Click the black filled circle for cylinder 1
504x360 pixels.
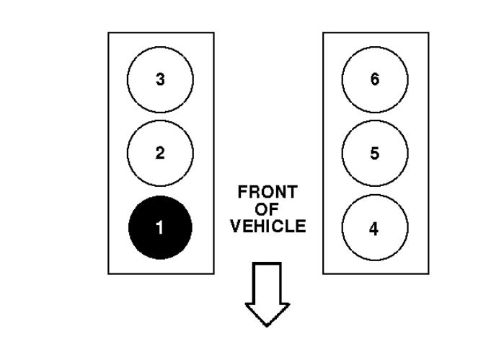point(160,228)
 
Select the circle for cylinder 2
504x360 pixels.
point(160,153)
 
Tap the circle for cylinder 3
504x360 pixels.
point(160,79)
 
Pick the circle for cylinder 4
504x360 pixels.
point(374,228)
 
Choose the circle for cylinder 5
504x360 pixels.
point(374,153)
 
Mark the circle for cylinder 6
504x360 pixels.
point(374,79)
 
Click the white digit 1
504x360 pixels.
point(160,229)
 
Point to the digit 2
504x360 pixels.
point(160,153)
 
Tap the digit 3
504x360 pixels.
point(160,79)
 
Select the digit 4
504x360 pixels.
point(374,229)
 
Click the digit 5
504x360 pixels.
point(374,153)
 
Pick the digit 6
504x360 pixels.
point(374,79)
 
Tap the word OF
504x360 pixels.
point(268,211)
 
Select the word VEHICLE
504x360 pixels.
point(268,227)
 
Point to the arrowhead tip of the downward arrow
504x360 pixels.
point(268,324)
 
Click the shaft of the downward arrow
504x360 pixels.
point(268,281)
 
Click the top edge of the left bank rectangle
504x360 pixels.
point(160,32)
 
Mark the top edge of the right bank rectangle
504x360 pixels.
point(374,32)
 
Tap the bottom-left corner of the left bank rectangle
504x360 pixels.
point(108,273)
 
